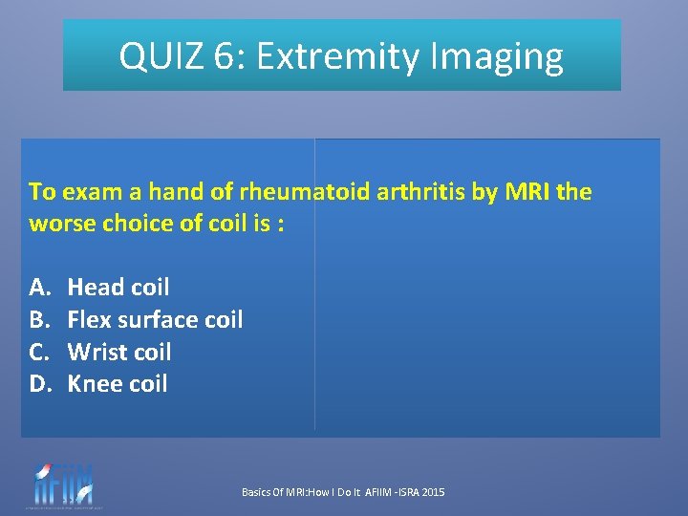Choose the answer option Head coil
118,287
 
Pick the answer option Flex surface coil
155,319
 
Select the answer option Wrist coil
119,352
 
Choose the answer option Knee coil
117,384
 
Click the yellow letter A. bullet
39,287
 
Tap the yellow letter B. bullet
39,319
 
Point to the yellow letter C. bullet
39,352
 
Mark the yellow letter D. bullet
39,384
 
